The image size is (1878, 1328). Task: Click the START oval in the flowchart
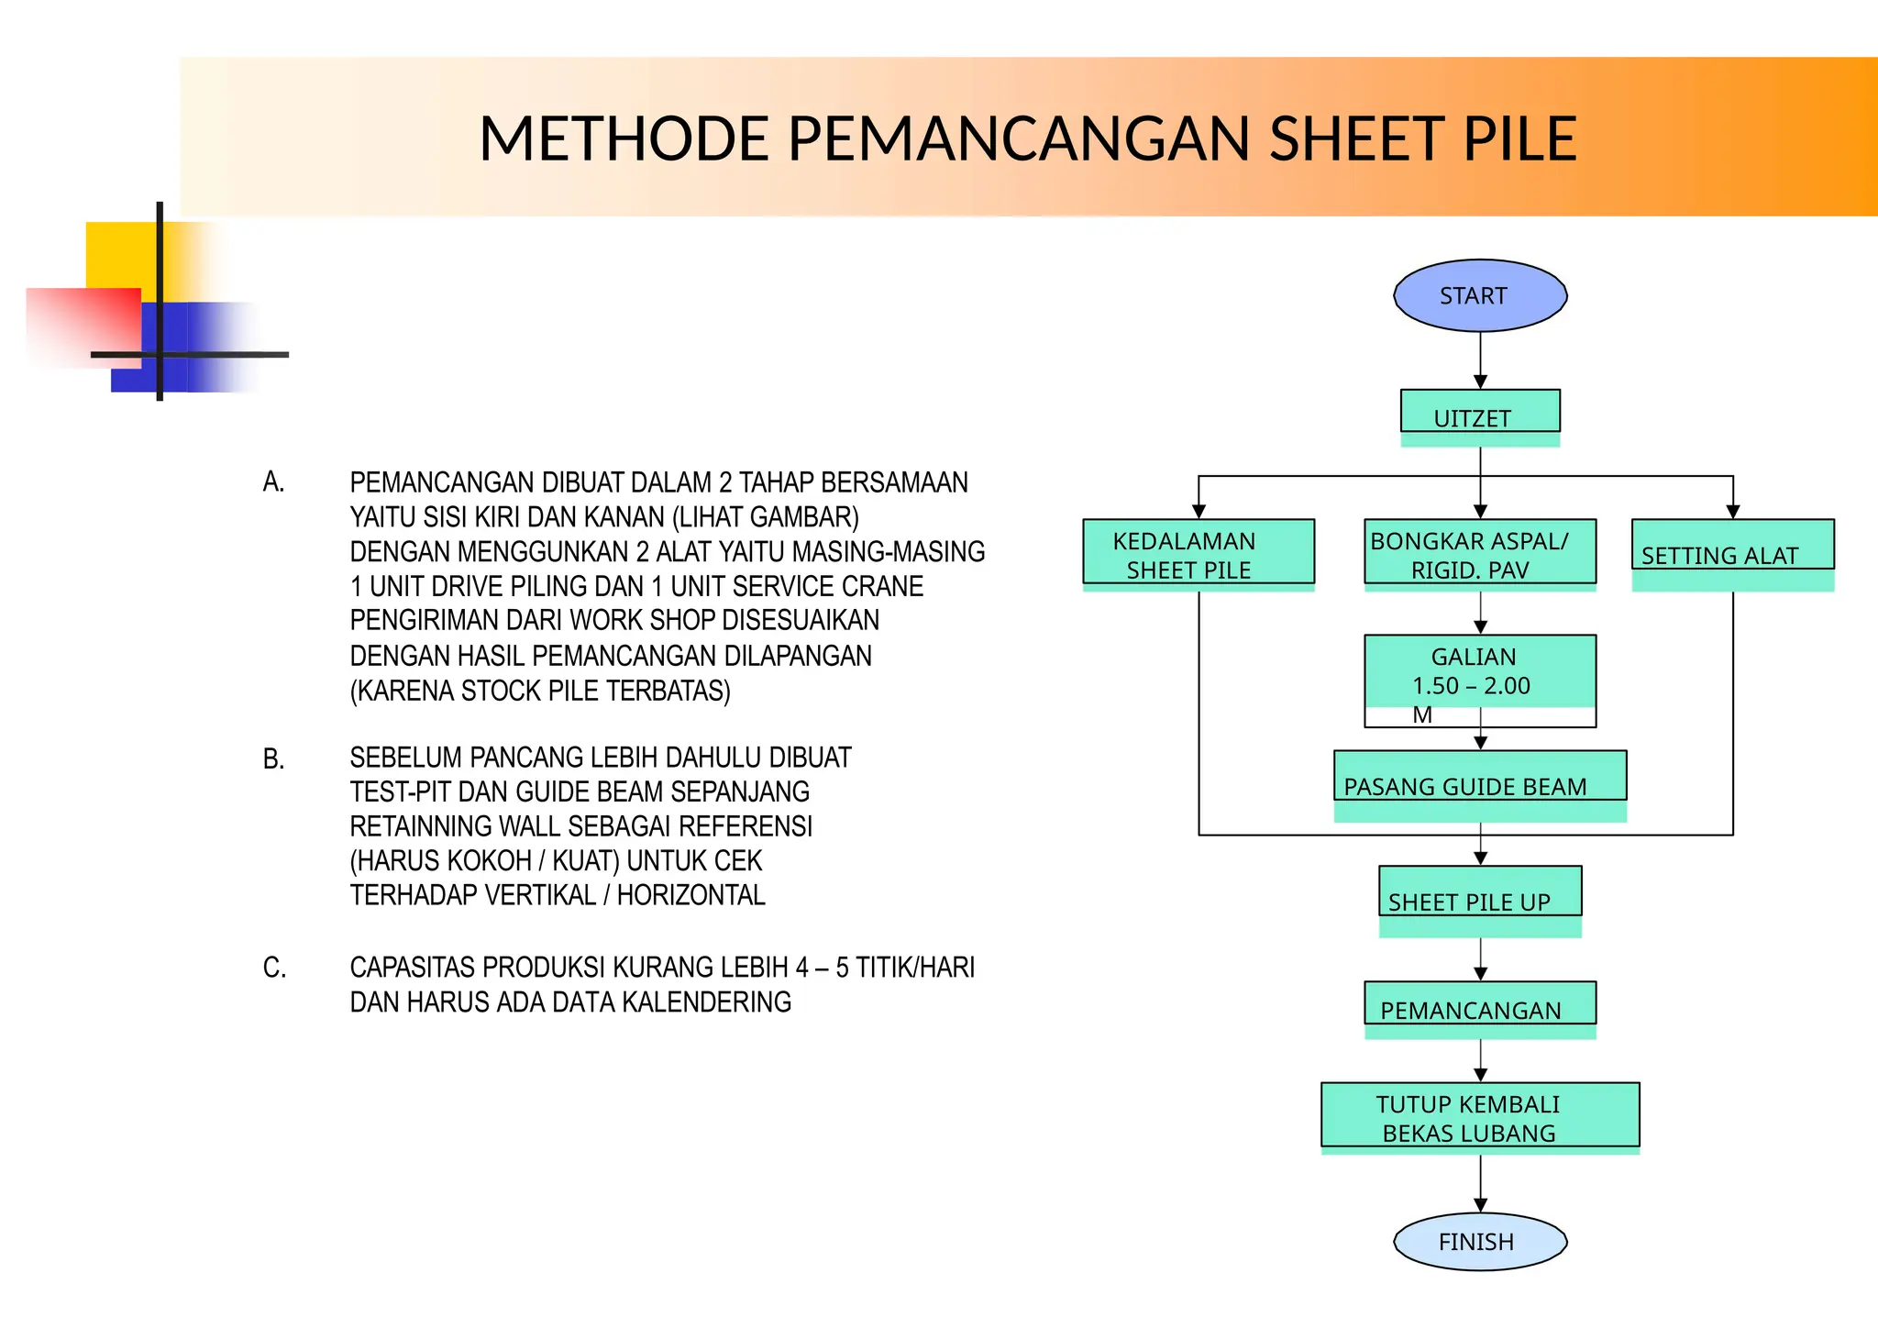pos(1479,295)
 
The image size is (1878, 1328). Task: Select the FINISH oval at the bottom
pos(1479,1241)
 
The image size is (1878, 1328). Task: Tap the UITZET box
pos(1479,412)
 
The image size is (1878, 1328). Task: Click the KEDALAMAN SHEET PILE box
pos(1198,553)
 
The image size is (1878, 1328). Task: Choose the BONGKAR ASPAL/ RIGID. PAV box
pos(1479,553)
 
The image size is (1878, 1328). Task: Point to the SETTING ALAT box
pos(1732,547)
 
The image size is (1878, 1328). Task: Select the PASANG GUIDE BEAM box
pos(1479,778)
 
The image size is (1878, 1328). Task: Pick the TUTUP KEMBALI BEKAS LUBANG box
pos(1479,1115)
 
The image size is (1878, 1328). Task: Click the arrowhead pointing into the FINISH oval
pos(1480,1204)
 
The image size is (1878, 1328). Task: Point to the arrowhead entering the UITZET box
pos(1480,382)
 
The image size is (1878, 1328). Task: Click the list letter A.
pos(273,482)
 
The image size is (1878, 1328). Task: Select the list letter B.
pos(273,759)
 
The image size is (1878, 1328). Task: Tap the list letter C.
pos(274,968)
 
